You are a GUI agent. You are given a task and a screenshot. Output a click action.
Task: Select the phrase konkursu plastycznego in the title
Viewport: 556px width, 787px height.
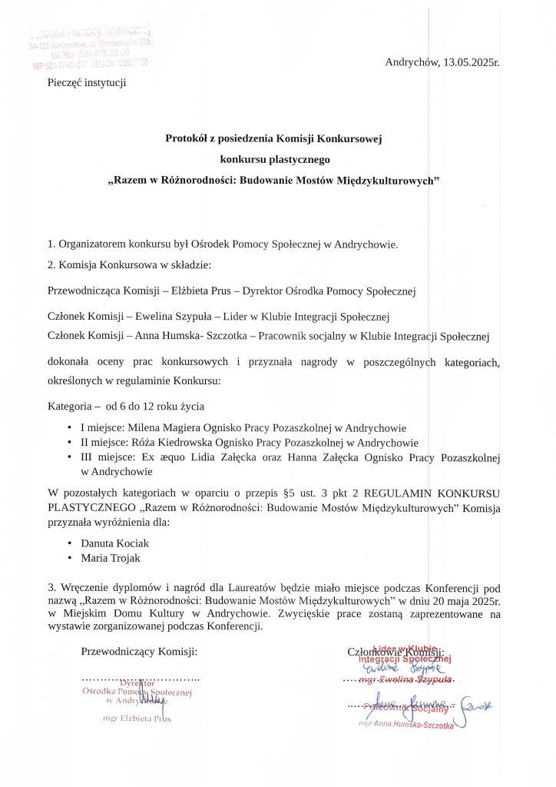click(x=273, y=160)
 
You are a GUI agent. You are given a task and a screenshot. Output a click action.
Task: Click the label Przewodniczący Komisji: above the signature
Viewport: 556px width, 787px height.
click(x=139, y=652)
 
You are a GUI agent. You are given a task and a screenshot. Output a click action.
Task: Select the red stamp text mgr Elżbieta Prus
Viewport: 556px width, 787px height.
click(x=137, y=719)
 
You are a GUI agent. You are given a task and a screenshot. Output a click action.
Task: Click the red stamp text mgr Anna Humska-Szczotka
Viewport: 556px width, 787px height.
click(x=405, y=725)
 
